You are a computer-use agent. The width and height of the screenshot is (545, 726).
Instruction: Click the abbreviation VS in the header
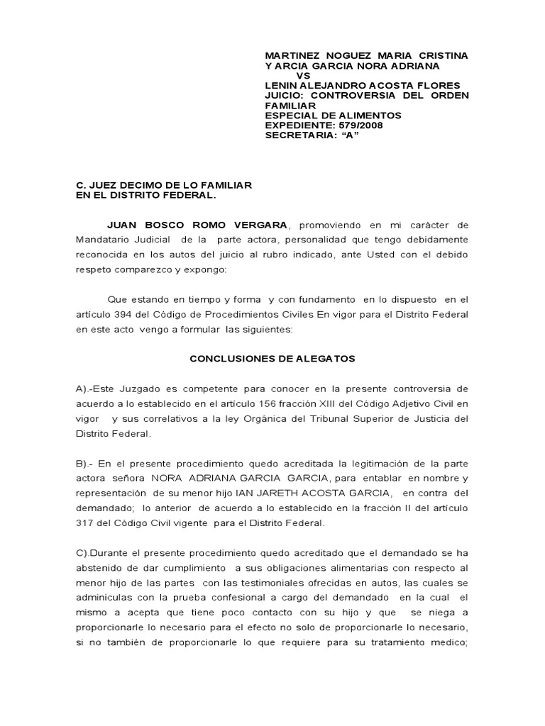tap(303, 76)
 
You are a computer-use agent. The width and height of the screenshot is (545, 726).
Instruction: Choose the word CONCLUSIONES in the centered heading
tap(225, 359)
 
